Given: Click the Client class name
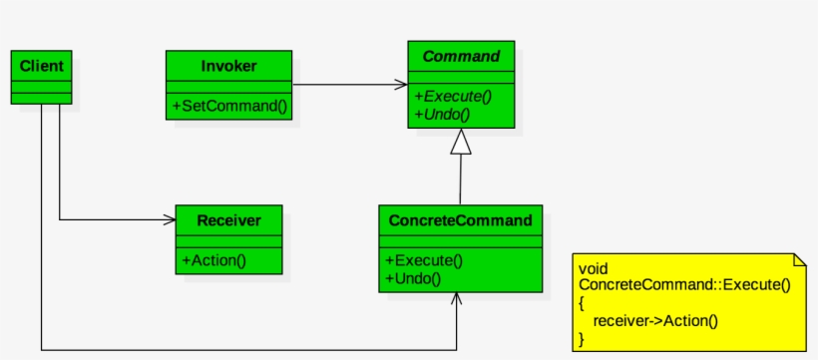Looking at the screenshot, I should point(41,66).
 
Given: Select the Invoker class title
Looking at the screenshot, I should point(228,66).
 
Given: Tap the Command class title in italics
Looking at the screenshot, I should point(461,57).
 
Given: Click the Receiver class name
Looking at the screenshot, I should point(228,220).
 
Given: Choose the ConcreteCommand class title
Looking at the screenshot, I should point(461,220).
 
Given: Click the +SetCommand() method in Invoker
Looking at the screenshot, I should point(228,106).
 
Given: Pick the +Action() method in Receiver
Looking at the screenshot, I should point(214,260).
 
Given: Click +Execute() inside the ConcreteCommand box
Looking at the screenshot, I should point(424,260).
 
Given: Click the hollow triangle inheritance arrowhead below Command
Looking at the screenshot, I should point(460,144).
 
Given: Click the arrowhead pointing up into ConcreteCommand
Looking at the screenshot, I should point(458,299).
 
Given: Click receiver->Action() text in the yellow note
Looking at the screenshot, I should point(654,320).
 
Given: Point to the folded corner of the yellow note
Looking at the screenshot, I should point(800,259).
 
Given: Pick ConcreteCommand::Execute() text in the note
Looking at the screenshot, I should point(684,285).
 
